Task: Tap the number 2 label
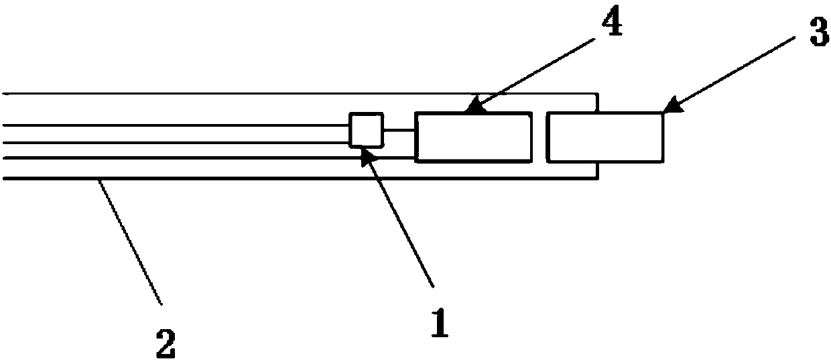pos(166,343)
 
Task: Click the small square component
pos(365,129)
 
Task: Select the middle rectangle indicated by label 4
pos(473,137)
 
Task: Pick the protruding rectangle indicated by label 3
pos(605,137)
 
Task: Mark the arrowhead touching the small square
pos(366,154)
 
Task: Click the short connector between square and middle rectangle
pos(399,131)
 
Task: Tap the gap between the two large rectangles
pos(539,137)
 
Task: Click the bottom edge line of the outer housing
pos(268,178)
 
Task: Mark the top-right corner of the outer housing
pos(596,94)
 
